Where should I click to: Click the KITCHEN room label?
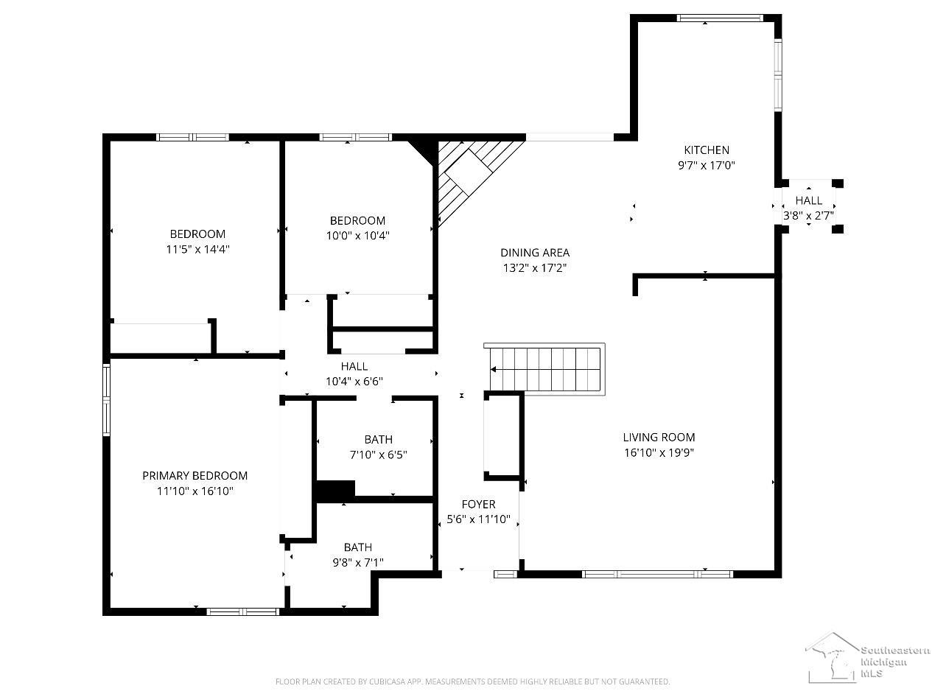(707, 150)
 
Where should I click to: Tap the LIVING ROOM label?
(659, 437)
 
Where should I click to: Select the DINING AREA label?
(535, 253)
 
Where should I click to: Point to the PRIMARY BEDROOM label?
(195, 476)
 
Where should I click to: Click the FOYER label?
(478, 504)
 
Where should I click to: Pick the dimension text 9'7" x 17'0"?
(706, 165)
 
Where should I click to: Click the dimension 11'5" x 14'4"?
(197, 249)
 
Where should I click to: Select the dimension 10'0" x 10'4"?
(357, 236)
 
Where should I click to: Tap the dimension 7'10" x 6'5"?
(379, 455)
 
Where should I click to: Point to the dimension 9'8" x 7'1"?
(358, 563)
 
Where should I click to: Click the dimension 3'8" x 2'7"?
(808, 216)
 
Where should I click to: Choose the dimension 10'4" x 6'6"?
(354, 382)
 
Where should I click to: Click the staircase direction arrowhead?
(493, 370)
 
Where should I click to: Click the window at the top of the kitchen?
(720, 18)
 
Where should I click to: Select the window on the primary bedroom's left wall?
(106, 399)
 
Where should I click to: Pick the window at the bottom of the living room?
(657, 574)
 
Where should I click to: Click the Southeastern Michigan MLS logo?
(867, 659)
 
